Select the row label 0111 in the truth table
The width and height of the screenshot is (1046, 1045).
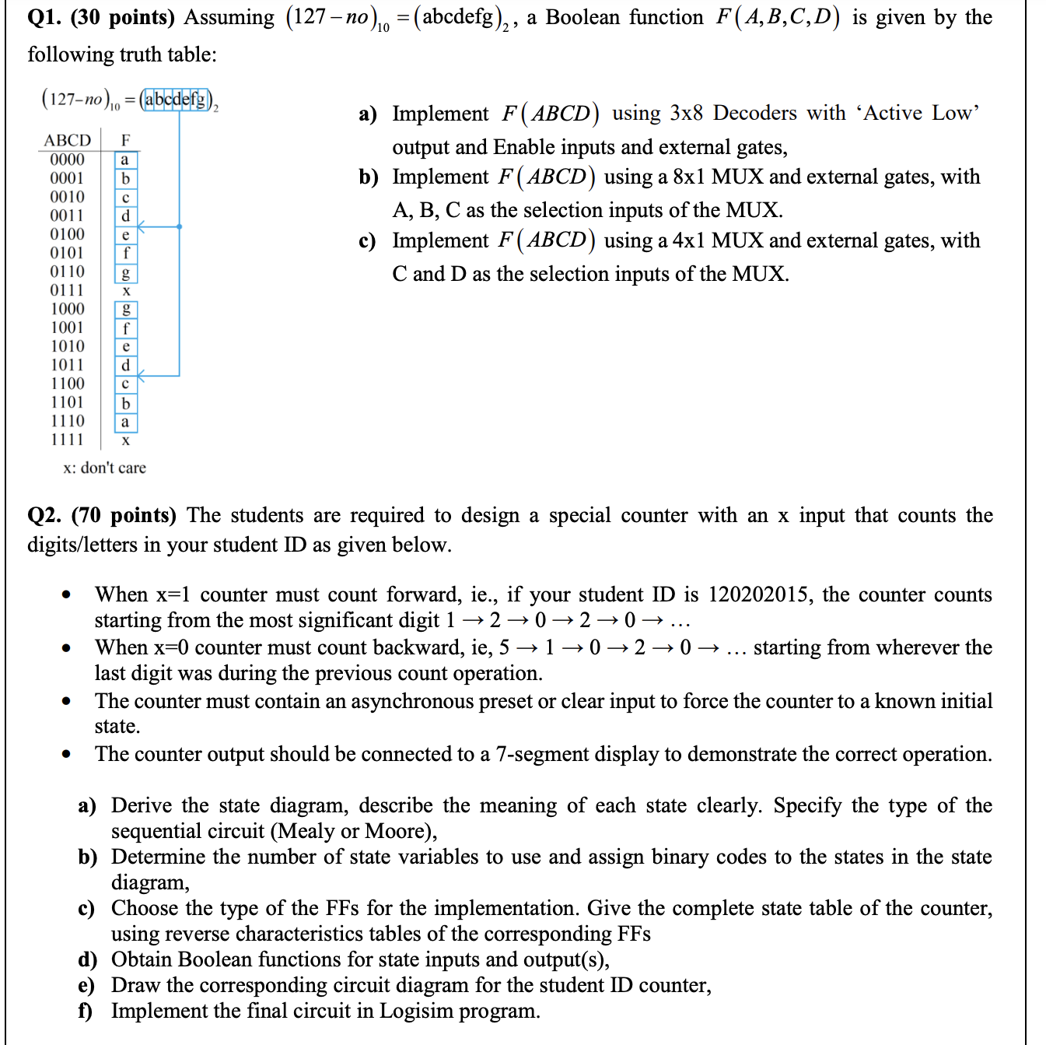tap(67, 289)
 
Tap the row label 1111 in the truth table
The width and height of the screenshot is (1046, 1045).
tap(67, 440)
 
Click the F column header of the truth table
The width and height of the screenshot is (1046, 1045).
tap(125, 140)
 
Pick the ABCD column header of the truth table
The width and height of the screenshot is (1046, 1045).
tap(67, 140)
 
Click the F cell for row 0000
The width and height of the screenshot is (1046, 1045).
tap(125, 160)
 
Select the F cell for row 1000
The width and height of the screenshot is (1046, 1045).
tap(126, 310)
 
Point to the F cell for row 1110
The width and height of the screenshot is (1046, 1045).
tap(125, 422)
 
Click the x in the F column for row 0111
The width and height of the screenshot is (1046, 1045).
tap(126, 290)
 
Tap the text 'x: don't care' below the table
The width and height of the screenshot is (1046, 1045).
tap(104, 468)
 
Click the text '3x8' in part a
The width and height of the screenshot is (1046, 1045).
tap(686, 113)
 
